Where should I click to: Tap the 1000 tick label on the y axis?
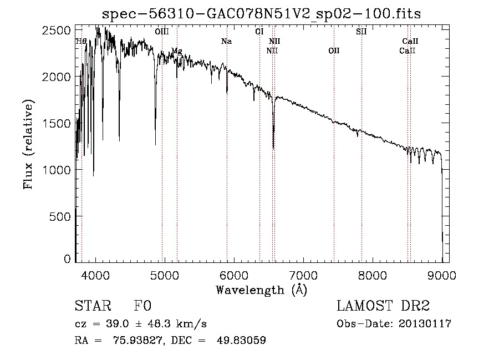coord(58,169)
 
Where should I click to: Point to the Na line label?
coord(226,41)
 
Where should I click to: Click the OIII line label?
coord(162,32)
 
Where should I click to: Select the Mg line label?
coord(176,51)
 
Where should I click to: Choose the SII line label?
coord(361,32)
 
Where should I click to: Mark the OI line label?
coord(259,32)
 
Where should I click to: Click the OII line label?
coord(334,51)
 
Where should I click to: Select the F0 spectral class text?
coord(142,307)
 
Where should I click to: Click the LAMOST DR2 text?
coord(383,307)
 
